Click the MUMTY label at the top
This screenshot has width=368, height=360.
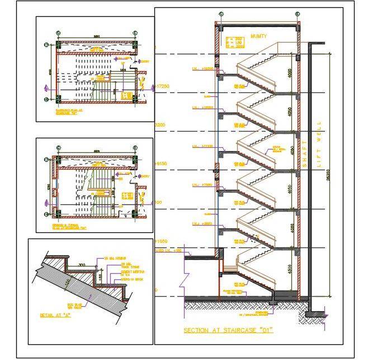(x=258, y=36)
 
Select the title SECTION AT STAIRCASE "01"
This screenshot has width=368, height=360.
(x=228, y=330)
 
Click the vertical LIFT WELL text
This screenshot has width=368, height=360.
(x=319, y=143)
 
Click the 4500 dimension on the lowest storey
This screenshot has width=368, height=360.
(x=289, y=270)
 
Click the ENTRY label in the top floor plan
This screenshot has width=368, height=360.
(x=145, y=61)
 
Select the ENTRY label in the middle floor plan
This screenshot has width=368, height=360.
(x=145, y=177)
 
